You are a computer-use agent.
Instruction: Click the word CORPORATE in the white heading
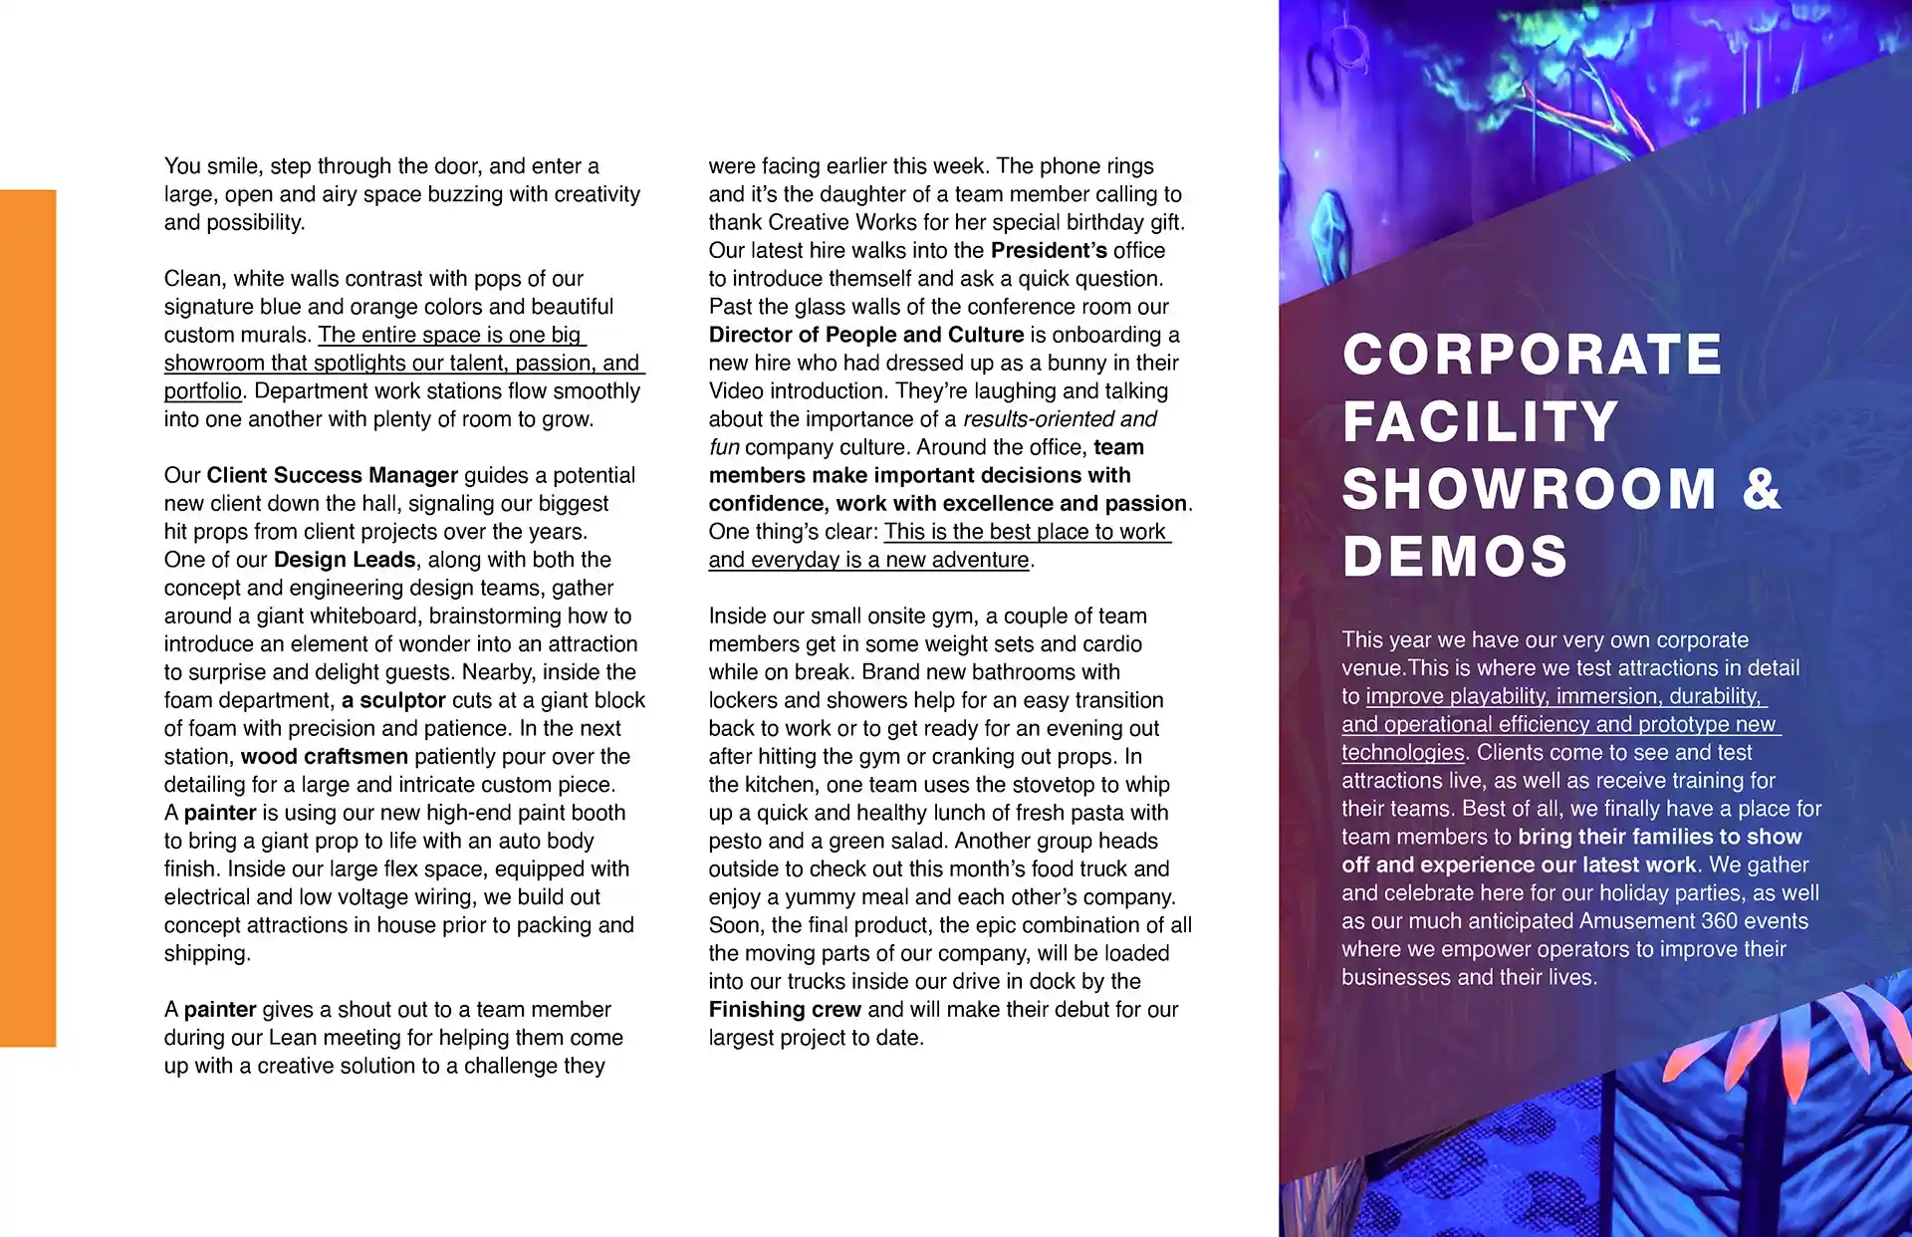click(x=1532, y=355)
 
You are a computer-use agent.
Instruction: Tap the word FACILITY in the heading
click(x=1480, y=421)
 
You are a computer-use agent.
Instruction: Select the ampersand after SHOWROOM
click(x=1762, y=489)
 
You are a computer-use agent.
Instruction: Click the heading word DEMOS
click(x=1455, y=556)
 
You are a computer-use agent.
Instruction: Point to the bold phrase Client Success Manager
click(x=332, y=475)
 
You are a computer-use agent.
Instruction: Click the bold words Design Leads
click(x=345, y=560)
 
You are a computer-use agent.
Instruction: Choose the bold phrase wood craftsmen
click(x=324, y=757)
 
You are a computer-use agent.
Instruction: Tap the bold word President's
click(x=1049, y=251)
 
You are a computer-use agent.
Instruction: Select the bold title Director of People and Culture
click(x=866, y=335)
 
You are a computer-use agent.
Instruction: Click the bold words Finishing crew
click(x=785, y=1010)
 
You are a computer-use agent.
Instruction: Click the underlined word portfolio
click(x=203, y=391)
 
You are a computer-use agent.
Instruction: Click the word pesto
click(x=737, y=842)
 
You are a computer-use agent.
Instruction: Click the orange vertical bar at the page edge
click(x=28, y=618)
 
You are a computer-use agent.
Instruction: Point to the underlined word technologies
click(x=1402, y=753)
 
